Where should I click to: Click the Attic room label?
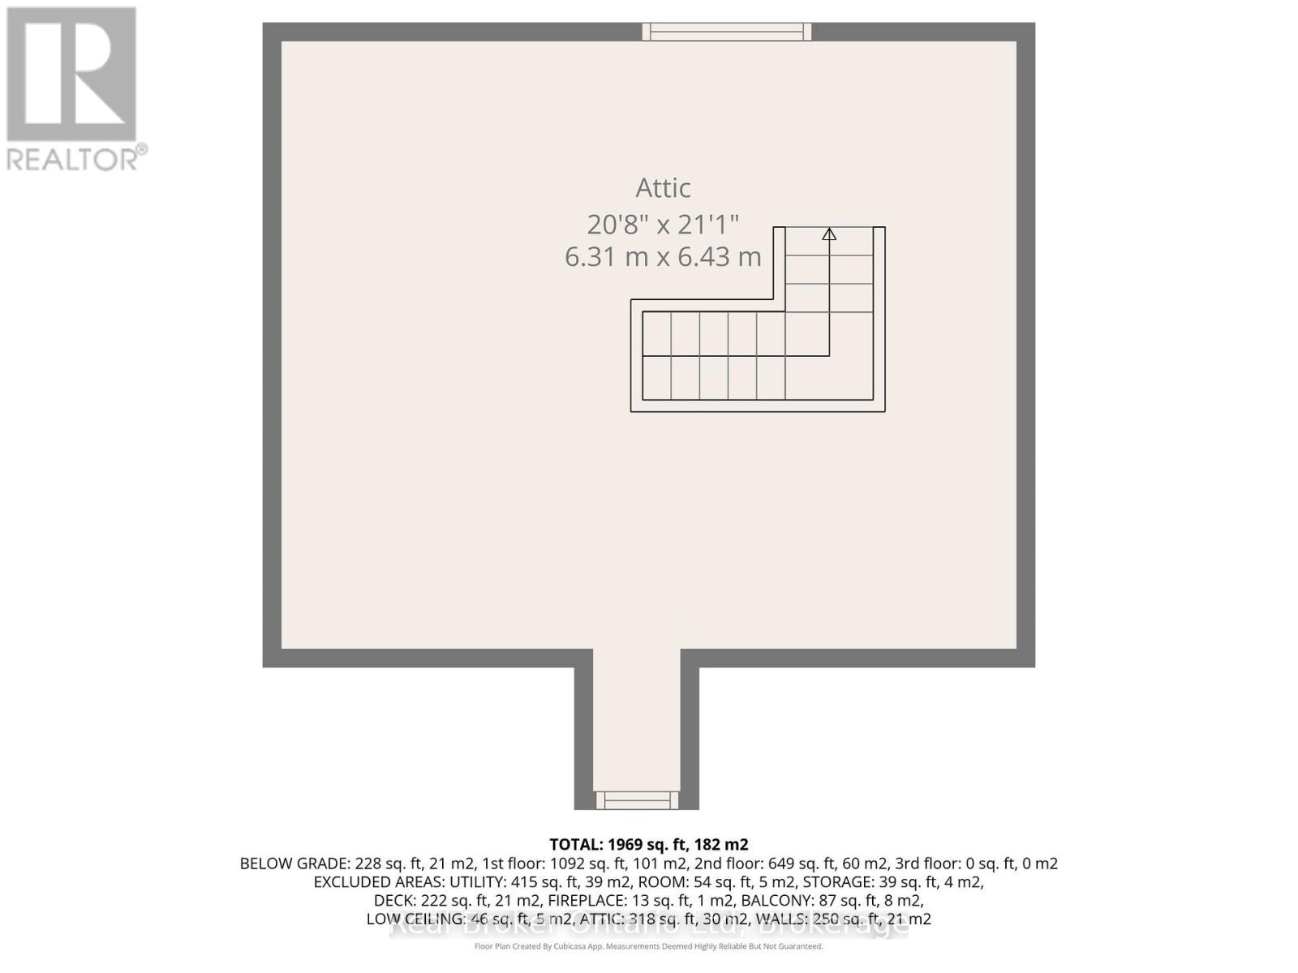(663, 188)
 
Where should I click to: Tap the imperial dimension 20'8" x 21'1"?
(663, 224)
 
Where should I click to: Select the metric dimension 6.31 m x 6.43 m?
(663, 257)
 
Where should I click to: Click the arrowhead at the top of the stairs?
(829, 234)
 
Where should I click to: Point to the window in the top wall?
(727, 32)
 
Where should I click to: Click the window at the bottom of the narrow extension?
(637, 800)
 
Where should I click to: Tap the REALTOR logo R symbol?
(71, 75)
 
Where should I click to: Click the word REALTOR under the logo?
(73, 159)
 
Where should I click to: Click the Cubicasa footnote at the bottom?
(648, 946)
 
